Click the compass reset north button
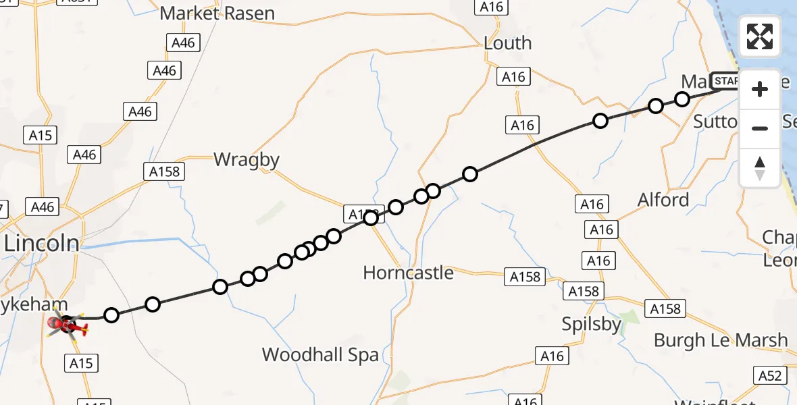tap(760, 168)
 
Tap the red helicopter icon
tap(68, 327)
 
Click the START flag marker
tap(725, 81)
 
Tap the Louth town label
tap(507, 43)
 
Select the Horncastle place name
tap(408, 273)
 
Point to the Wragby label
tap(247, 160)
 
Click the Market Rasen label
tap(217, 13)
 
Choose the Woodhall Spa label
tap(320, 355)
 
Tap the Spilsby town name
tap(592, 325)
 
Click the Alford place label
tap(663, 200)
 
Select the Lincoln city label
tap(42, 244)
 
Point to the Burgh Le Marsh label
tap(721, 340)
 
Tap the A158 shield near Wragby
tap(164, 171)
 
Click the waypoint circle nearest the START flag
tap(682, 99)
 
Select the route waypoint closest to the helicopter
tap(111, 315)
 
